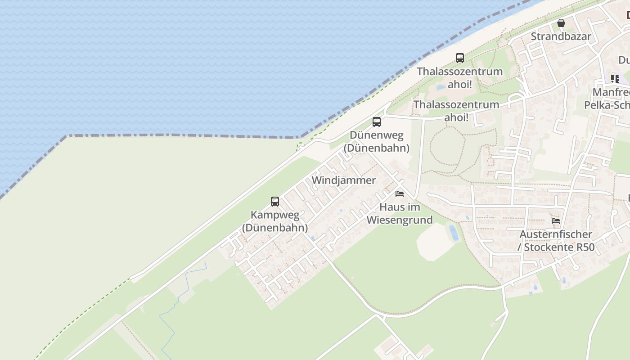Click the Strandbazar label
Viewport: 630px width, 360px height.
561,36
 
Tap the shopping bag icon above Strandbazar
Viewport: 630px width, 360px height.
561,23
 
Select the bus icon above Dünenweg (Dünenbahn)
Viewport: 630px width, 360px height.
377,121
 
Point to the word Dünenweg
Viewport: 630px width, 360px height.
377,135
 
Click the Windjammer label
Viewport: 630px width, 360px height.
344,180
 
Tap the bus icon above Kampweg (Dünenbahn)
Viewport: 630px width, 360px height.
275,201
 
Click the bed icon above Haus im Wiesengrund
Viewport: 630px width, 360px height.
399,194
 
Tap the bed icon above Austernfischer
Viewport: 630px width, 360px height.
556,221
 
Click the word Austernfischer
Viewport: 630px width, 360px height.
556,234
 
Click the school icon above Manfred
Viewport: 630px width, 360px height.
615,79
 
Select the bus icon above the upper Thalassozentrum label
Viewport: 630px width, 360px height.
459,58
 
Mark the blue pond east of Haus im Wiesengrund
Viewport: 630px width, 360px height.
454,233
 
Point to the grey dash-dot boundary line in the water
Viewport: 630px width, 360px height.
180,135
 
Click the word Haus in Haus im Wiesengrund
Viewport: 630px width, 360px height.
390,207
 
